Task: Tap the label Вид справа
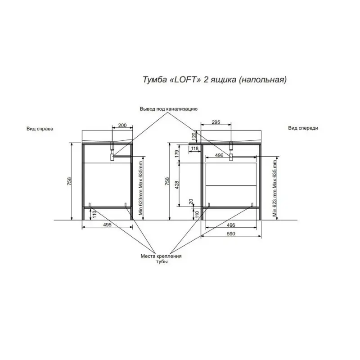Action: pyautogui.click(x=39, y=128)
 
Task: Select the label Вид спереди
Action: pyautogui.click(x=303, y=128)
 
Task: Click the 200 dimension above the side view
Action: pyautogui.click(x=122, y=125)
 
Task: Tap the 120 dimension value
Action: pyautogui.click(x=194, y=136)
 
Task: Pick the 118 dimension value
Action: pyautogui.click(x=194, y=148)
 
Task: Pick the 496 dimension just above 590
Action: pyautogui.click(x=230, y=225)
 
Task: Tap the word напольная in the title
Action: pyautogui.click(x=263, y=80)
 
